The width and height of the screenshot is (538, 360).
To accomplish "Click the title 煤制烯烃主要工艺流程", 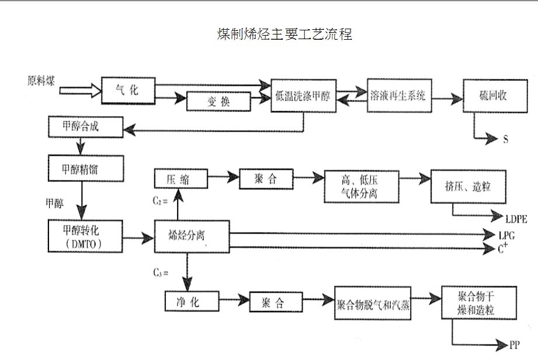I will coord(284,34).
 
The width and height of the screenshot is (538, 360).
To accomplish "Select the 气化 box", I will coord(128,90).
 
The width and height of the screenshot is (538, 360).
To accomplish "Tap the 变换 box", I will coord(218,101).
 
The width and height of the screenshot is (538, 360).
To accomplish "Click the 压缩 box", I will coord(181,178).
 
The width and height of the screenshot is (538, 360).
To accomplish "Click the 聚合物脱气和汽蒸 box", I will coord(373,303).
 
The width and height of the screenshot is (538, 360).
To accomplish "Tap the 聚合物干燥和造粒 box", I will coord(478,302).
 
